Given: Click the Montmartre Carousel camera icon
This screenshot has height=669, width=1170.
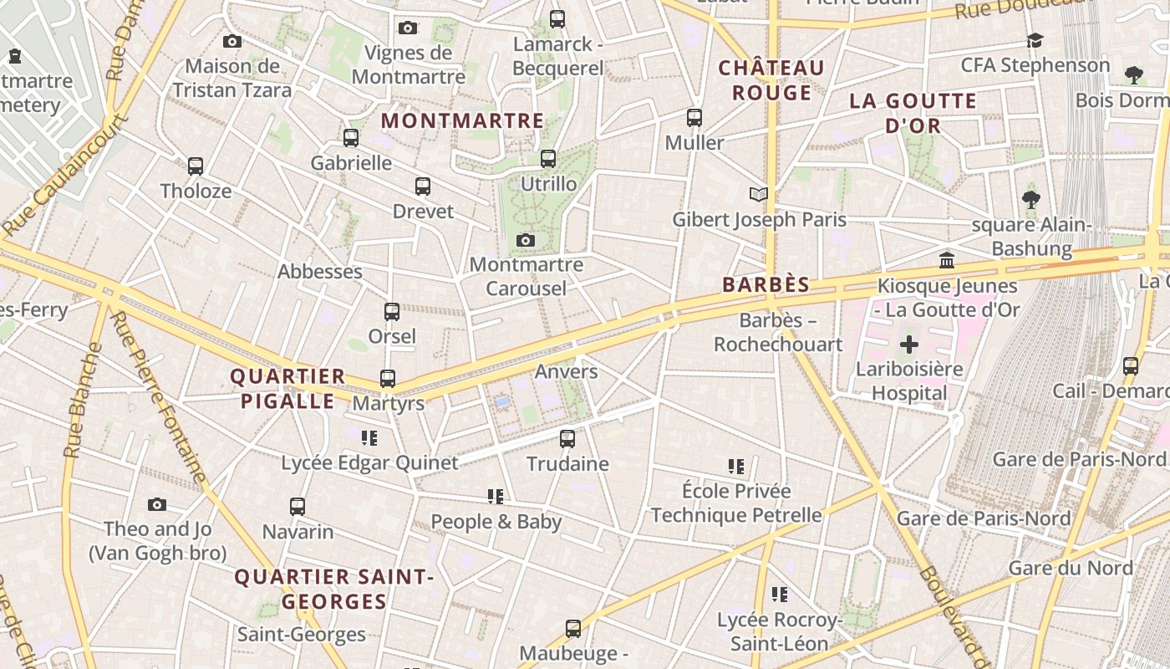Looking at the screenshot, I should [x=525, y=241].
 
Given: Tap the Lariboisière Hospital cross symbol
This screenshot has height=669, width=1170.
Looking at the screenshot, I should [x=909, y=345].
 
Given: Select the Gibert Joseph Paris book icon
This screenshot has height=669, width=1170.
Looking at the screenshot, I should [x=758, y=195].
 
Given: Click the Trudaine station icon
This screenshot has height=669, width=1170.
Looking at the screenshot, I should [x=567, y=438].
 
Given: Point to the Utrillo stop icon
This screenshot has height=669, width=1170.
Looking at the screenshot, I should [x=548, y=159].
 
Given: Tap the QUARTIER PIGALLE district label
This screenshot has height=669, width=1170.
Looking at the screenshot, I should [x=288, y=389].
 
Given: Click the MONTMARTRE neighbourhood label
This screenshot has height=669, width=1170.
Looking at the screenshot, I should [x=462, y=121].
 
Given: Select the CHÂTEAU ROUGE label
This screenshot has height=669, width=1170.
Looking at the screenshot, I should [x=771, y=80].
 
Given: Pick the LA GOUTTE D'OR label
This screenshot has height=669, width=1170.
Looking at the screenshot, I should [x=913, y=114].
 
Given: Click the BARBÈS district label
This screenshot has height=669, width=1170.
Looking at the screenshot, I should [x=766, y=285].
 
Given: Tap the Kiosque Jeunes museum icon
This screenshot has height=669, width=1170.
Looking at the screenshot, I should [x=947, y=261].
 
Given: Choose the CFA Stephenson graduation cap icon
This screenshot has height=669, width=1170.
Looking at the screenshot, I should [x=1035, y=41].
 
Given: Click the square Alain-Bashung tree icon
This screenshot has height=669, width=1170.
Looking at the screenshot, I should [x=1031, y=200].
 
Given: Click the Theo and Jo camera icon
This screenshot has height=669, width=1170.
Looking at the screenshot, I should [x=157, y=504].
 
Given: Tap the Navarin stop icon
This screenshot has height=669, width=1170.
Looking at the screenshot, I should [x=298, y=507].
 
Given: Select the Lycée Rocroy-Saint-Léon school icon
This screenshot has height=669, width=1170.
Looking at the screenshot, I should [x=780, y=595].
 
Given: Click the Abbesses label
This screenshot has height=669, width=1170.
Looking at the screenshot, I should [x=320, y=272].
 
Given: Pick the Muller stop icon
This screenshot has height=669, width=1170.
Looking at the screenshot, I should [x=694, y=118].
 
